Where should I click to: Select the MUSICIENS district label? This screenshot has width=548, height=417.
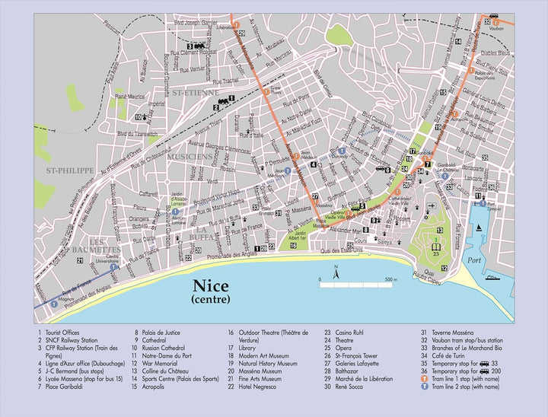click(190, 157)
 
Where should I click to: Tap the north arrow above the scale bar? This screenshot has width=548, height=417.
click(336, 269)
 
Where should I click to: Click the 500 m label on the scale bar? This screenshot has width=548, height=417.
click(390, 280)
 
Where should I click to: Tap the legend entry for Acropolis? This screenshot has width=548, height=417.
click(159, 387)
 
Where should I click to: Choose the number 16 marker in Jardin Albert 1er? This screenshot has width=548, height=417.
click(292, 245)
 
